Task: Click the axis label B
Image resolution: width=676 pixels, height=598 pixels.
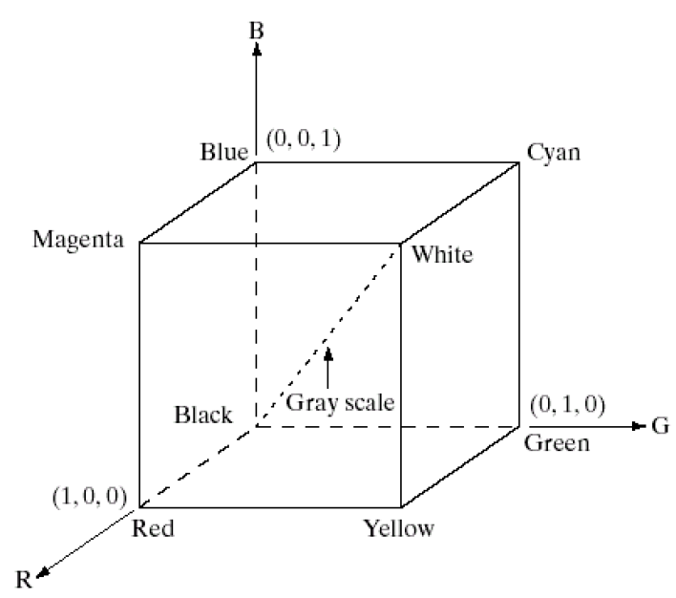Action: tap(256, 30)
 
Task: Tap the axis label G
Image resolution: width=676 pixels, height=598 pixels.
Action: tap(660, 425)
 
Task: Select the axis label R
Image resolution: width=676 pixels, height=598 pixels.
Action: tap(27, 578)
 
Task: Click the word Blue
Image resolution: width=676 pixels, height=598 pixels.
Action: tap(224, 151)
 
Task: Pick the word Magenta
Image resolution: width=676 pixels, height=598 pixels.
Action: tap(78, 239)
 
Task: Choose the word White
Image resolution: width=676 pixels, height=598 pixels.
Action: tap(442, 256)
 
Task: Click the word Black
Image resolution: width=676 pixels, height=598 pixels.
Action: tap(202, 415)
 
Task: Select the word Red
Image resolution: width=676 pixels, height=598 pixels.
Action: tap(153, 527)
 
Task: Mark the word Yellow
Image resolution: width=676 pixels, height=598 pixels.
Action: tap(398, 528)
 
